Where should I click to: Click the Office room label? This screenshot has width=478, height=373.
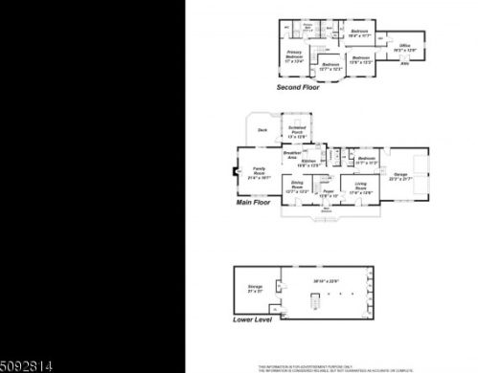pos(405,45)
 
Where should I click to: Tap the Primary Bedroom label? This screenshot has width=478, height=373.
pos(294,56)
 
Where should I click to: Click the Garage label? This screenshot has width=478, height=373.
pos(399,176)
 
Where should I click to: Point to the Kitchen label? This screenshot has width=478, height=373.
pos(307,163)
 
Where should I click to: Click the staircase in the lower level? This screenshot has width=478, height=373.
pos(311,300)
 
